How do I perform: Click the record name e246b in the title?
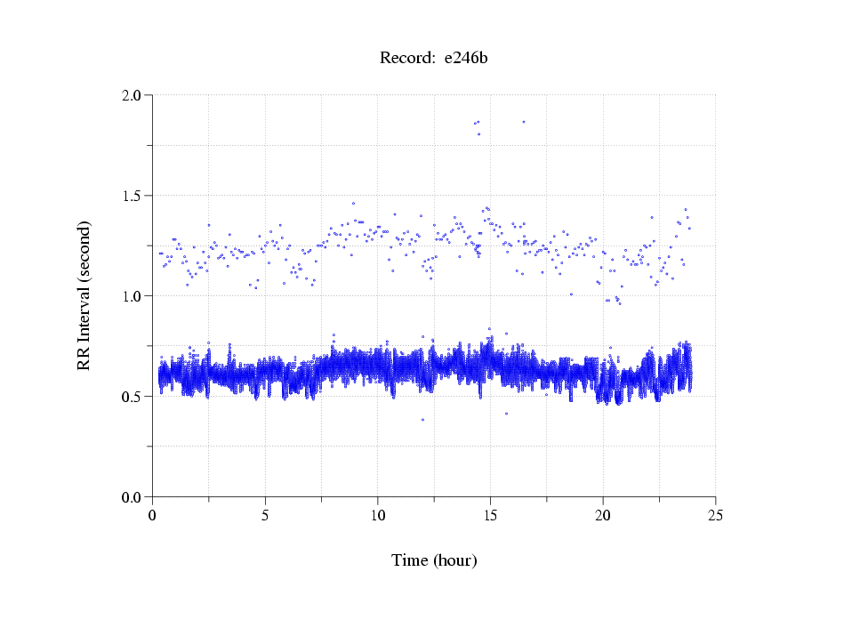[x=466, y=59]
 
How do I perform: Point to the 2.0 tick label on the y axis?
[x=134, y=95]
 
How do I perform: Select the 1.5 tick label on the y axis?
[x=134, y=196]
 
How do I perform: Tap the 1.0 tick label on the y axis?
[x=134, y=296]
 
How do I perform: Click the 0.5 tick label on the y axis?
[x=134, y=397]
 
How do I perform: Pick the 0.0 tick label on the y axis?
[x=134, y=497]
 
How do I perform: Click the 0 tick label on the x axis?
[x=153, y=515]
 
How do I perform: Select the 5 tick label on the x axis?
[x=265, y=515]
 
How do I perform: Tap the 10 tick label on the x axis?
[x=378, y=515]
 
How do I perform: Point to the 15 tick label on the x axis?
[x=490, y=515]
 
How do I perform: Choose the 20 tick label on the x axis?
[x=603, y=515]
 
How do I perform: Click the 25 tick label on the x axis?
[x=715, y=515]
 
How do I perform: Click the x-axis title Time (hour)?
[x=434, y=561]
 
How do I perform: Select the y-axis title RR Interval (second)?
[x=84, y=295]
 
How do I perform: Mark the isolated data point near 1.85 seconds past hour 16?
[x=523, y=122]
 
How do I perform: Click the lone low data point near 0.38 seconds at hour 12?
[x=422, y=420]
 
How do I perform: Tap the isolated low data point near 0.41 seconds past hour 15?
[x=506, y=414]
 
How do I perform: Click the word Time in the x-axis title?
[x=410, y=561]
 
